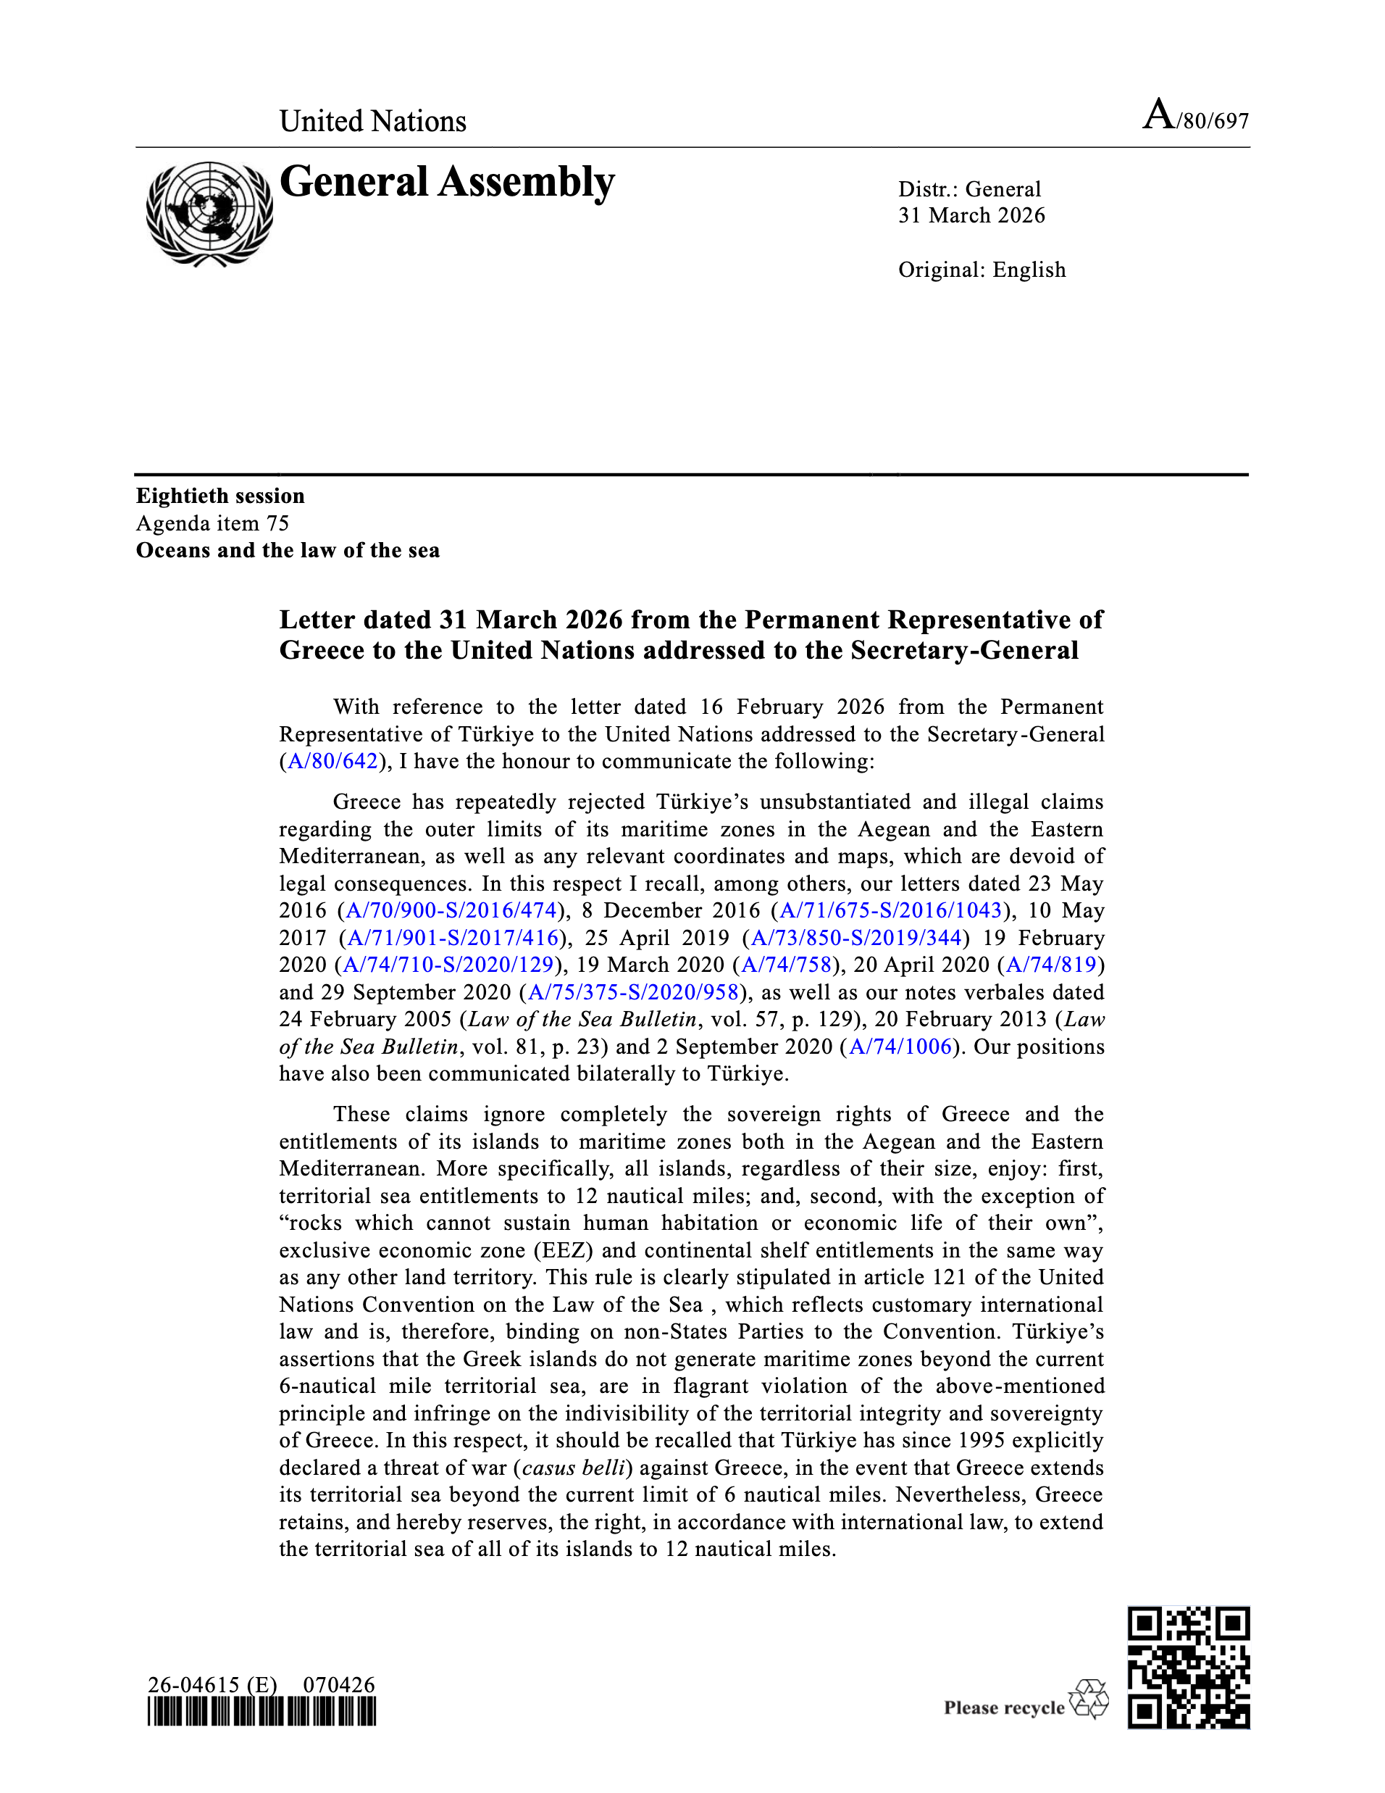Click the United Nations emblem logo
pyautogui.click(x=209, y=214)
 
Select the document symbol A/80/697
pyautogui.click(x=1195, y=116)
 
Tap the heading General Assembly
pyautogui.click(x=447, y=182)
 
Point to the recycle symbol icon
pyautogui.click(x=1088, y=1700)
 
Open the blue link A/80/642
pyautogui.click(x=332, y=761)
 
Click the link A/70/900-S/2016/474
pyautogui.click(x=451, y=910)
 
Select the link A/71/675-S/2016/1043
pyautogui.click(x=890, y=910)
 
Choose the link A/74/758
pyautogui.click(x=786, y=965)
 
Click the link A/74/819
pyautogui.click(x=1051, y=965)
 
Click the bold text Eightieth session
pyautogui.click(x=220, y=496)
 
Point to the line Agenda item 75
pyautogui.click(x=212, y=523)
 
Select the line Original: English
pyautogui.click(x=982, y=270)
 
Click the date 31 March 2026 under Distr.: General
pyautogui.click(x=971, y=216)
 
